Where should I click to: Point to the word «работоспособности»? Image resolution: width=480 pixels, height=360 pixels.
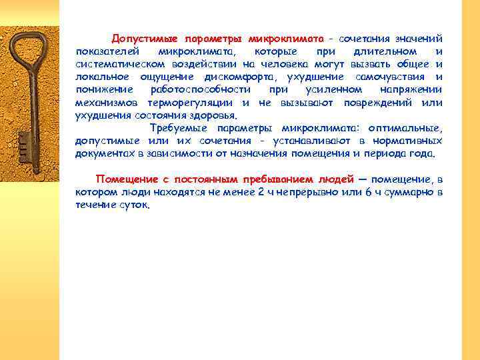click(201, 89)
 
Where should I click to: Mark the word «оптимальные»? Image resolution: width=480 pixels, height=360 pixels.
click(411, 128)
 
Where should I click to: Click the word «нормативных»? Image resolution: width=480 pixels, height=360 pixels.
click(407, 141)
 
